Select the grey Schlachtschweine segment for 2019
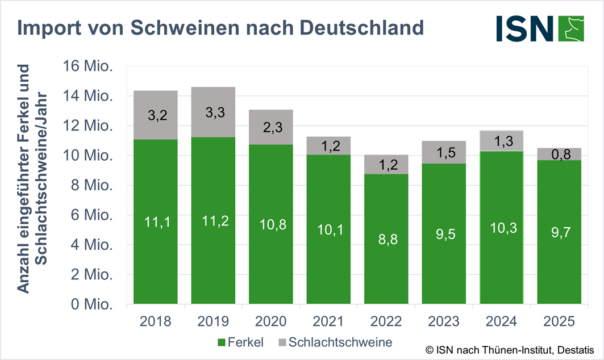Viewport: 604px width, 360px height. pos(213,112)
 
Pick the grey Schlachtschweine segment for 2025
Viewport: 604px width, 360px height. pos(559,154)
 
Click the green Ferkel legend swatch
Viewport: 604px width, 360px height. pos(222,342)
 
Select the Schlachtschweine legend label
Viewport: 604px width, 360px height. pos(340,342)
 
